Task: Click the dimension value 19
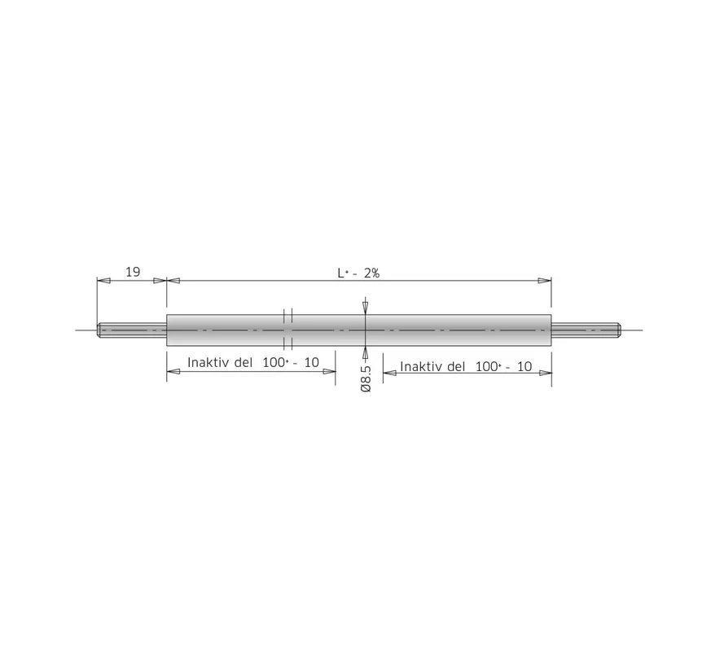point(133,272)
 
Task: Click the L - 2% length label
point(358,273)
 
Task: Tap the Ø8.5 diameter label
point(366,378)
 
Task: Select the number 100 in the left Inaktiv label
point(273,362)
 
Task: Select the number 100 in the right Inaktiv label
point(486,366)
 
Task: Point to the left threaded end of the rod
point(132,330)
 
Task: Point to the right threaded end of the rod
point(586,330)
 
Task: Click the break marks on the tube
point(287,330)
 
